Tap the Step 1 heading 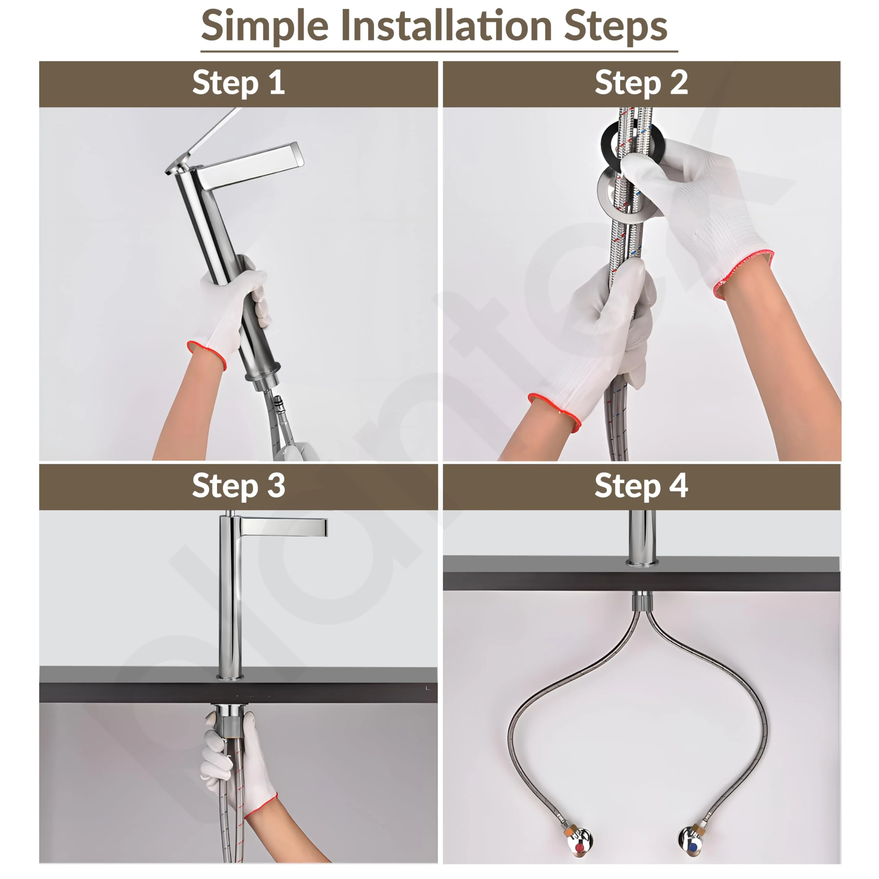tap(238, 83)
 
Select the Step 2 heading tap(641, 83)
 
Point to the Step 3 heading tap(238, 486)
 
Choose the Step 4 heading tap(641, 486)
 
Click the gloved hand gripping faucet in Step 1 tap(232, 305)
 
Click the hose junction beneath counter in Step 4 tap(641, 603)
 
